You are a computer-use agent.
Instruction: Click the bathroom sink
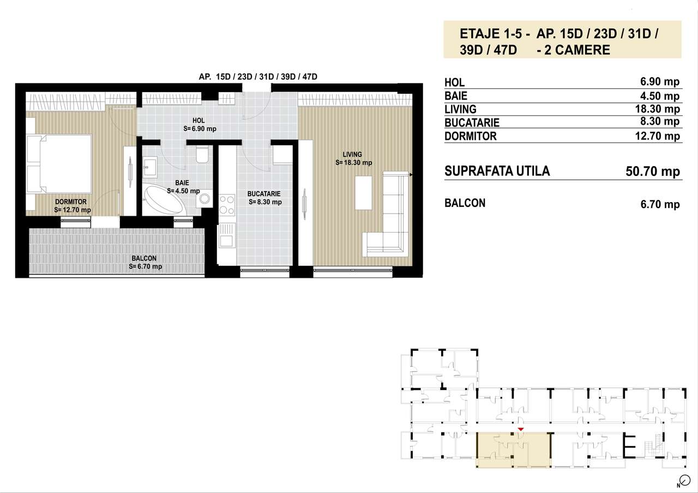pos(151,167)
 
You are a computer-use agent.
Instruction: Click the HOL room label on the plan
pos(198,121)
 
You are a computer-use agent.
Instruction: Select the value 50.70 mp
pos(652,172)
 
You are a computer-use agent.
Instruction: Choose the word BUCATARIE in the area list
pos(472,123)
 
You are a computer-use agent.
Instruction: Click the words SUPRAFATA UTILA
pos(497,171)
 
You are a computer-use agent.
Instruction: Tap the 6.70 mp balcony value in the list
pos(660,204)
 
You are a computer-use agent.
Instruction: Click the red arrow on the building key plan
pos(521,430)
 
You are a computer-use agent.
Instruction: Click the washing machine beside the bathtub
pos(206,199)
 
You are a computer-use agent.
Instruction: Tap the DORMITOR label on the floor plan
pos(70,202)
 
